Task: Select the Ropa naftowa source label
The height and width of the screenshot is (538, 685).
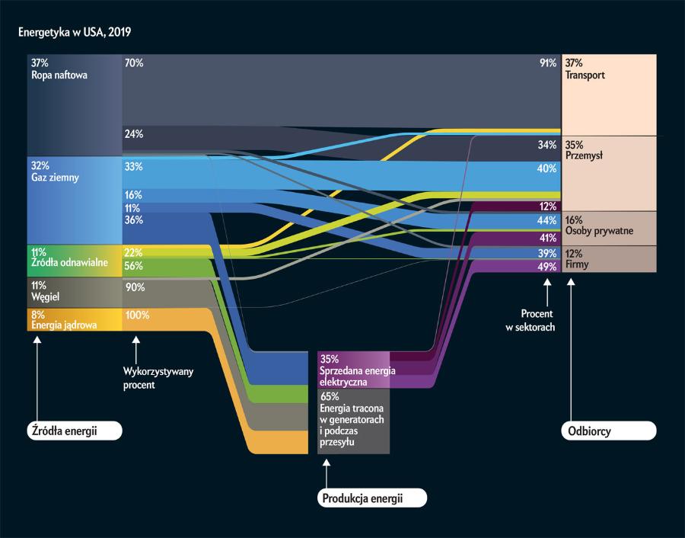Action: coord(59,76)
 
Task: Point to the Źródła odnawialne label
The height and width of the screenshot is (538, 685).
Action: coord(68,263)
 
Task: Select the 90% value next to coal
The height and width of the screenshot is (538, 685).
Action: coord(134,287)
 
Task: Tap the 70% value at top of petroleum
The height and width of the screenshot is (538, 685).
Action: coord(133,64)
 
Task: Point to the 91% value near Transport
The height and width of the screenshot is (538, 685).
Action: coord(547,64)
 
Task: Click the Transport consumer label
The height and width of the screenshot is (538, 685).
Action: coord(585,76)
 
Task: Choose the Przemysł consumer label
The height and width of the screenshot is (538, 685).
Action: coord(585,155)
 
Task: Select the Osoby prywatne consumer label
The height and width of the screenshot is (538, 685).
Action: coord(599,230)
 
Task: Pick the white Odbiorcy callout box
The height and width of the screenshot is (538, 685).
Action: coord(608,431)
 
